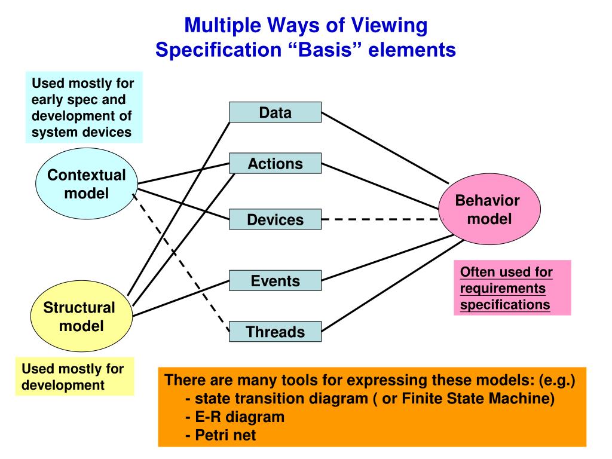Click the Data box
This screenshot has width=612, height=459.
tap(275, 112)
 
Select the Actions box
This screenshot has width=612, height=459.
tap(275, 163)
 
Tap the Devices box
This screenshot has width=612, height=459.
tap(275, 219)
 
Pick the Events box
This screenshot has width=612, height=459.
tap(275, 280)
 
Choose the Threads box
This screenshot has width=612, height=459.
tap(275, 332)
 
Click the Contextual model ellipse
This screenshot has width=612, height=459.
tap(87, 184)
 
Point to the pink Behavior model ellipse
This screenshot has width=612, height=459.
tap(489, 209)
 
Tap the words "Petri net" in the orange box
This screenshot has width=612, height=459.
tap(225, 435)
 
